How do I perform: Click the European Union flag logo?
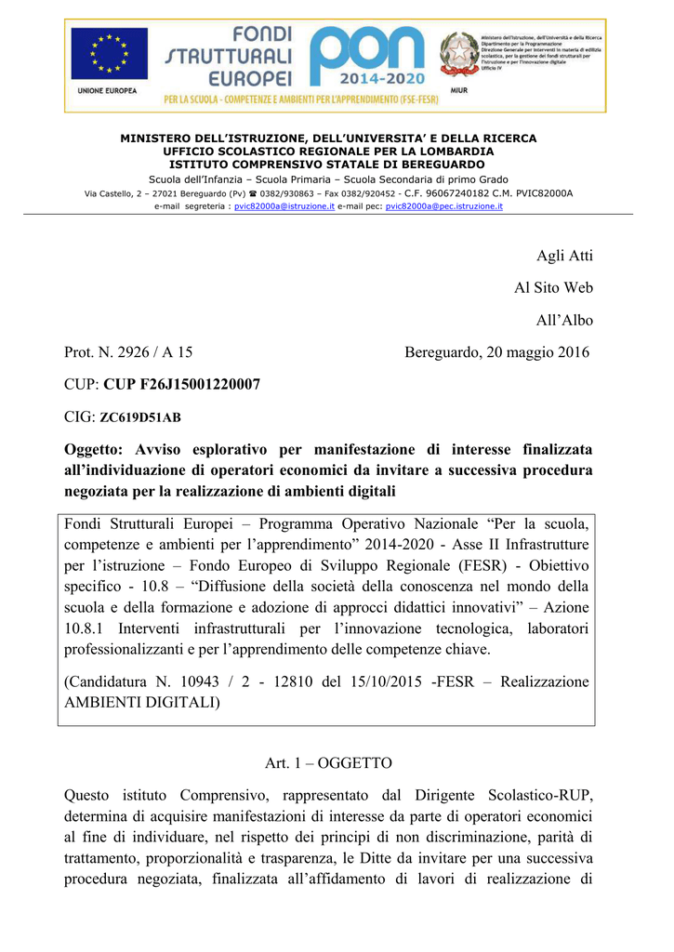[109, 54]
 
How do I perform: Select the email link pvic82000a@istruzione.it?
[284, 206]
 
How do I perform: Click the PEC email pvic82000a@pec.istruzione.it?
[443, 206]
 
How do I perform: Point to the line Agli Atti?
[564, 257]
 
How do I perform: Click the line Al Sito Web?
[553, 288]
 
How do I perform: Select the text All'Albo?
[563, 320]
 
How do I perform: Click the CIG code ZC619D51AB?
[140, 417]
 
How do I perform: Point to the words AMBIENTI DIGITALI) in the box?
[142, 703]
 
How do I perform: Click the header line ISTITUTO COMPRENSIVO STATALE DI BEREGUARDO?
[328, 164]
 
